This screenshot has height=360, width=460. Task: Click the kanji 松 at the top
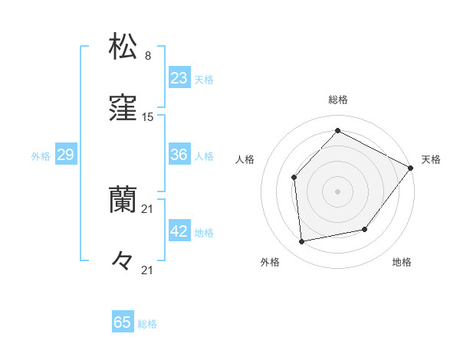(x=123, y=46)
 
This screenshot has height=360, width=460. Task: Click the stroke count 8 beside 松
(x=148, y=56)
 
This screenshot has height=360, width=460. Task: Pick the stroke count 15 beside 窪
(x=148, y=117)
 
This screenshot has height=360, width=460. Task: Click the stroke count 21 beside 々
(x=148, y=270)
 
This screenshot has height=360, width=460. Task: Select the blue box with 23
(x=179, y=78)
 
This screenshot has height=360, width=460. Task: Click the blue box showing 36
(x=179, y=155)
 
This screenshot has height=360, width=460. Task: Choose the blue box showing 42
(x=179, y=231)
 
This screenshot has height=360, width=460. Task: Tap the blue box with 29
(x=65, y=155)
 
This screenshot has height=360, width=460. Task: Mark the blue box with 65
(x=123, y=322)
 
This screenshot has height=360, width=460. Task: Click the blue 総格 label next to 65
(x=148, y=324)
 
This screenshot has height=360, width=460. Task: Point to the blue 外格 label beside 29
(x=41, y=156)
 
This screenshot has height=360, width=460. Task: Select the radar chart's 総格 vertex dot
(x=337, y=131)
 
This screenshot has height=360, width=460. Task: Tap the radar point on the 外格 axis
(x=302, y=241)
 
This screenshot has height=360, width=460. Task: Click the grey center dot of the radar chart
(x=337, y=191)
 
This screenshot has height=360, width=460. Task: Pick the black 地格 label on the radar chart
(x=402, y=263)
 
